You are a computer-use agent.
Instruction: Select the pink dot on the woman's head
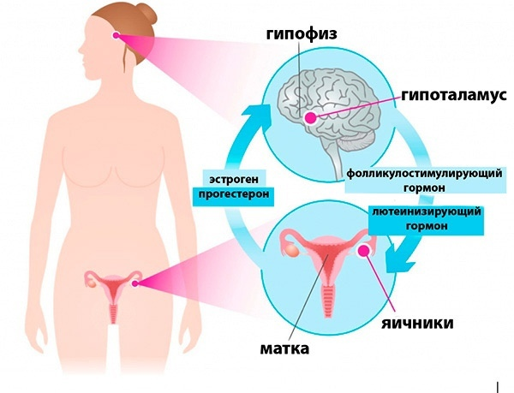(118, 38)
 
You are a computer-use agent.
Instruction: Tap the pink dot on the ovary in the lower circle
(370, 251)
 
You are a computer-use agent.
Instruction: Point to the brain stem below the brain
(330, 159)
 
